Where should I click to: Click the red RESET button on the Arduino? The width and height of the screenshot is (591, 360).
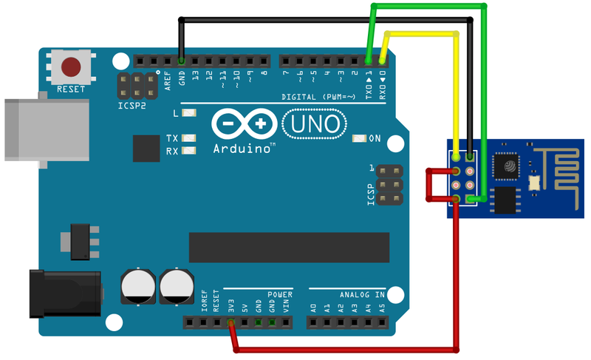(x=72, y=67)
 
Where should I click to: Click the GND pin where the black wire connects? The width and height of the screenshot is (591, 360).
(x=181, y=61)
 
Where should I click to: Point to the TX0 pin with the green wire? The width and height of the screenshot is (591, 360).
(x=369, y=61)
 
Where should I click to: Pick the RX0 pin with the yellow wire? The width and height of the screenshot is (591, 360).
(x=382, y=61)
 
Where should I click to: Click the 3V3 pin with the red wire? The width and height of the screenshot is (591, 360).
(x=230, y=323)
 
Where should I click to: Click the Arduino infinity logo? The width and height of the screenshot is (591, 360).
(x=239, y=123)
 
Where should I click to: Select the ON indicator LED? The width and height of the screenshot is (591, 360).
(x=360, y=138)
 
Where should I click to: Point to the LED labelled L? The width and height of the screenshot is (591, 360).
(x=188, y=114)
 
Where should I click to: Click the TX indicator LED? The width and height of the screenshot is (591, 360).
(x=190, y=138)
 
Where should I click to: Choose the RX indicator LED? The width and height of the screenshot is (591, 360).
(x=190, y=151)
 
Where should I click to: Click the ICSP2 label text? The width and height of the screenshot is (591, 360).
(x=132, y=105)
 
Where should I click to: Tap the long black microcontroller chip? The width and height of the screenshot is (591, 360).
(x=288, y=247)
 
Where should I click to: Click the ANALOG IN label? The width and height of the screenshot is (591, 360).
(x=362, y=294)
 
